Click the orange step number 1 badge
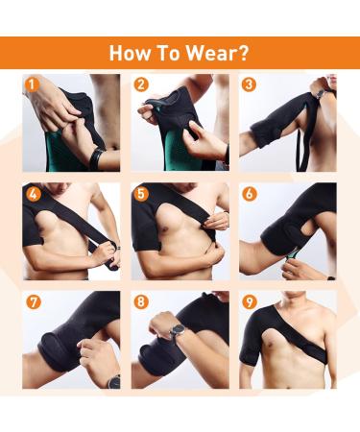32,84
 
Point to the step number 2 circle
141,84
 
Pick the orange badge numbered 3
249,84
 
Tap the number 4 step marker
34,194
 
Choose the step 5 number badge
141,194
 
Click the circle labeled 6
250,194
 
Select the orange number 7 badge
34,302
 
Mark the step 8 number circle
141,302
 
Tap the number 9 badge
250,302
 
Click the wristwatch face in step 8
178,330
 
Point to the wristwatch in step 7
113,381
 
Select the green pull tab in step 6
291,254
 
